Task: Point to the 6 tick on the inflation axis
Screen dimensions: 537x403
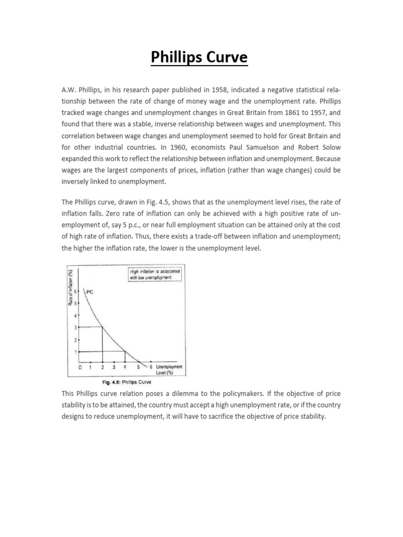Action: (75, 292)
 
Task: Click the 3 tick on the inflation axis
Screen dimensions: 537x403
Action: (75, 327)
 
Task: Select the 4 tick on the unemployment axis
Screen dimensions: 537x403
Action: (125, 367)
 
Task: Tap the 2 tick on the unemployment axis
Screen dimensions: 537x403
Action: (102, 367)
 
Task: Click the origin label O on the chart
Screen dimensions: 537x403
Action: (80, 367)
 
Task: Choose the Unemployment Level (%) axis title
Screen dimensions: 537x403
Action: (168, 369)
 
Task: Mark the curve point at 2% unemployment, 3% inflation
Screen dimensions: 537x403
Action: (102, 327)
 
